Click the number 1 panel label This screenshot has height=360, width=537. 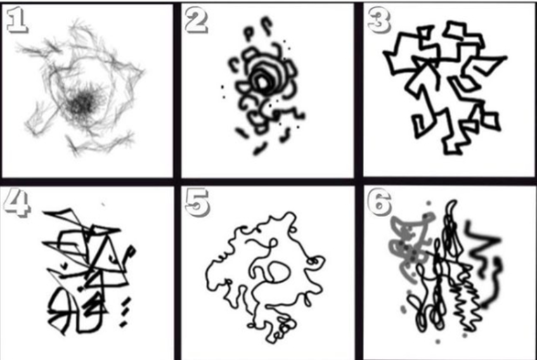click(16, 20)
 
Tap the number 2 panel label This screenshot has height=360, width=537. click(196, 20)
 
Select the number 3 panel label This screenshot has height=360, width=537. click(378, 21)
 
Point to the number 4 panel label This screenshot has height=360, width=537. click(17, 203)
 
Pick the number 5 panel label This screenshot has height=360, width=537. click(197, 203)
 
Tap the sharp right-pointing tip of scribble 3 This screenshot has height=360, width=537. click(506, 58)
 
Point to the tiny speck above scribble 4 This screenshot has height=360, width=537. click(103, 205)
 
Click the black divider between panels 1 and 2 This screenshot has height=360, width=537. click(177, 91)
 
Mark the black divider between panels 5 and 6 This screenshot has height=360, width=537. click(359, 272)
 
